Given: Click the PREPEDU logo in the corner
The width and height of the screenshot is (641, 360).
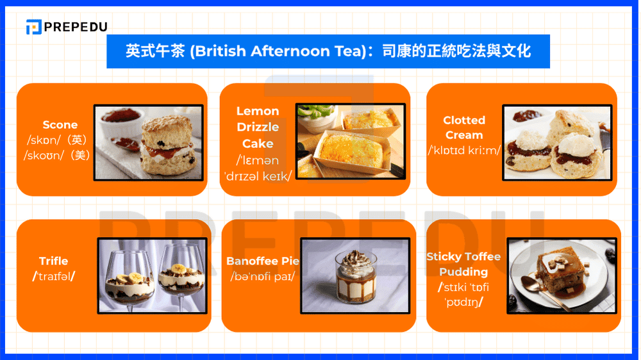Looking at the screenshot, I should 67,27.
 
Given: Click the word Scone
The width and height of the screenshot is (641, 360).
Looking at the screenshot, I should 60,125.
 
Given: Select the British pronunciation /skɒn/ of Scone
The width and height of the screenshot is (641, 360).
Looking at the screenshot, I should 48,140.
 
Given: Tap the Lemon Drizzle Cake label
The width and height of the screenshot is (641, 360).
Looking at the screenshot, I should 258,127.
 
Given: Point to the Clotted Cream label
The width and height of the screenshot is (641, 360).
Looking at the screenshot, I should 464,127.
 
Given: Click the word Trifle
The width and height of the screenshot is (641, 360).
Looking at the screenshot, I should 53,261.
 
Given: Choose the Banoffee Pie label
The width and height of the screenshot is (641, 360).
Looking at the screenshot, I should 263,261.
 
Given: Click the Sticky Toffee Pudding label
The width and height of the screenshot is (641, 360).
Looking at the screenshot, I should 463,264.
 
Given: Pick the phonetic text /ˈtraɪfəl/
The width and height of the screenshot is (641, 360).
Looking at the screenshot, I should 54,276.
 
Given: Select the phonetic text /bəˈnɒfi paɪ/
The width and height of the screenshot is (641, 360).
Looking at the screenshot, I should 262,277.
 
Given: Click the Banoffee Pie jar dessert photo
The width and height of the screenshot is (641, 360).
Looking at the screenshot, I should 354,275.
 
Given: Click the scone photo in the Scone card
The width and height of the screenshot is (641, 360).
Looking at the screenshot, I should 149,142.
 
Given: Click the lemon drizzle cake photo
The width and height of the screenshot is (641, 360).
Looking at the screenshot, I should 350,141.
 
